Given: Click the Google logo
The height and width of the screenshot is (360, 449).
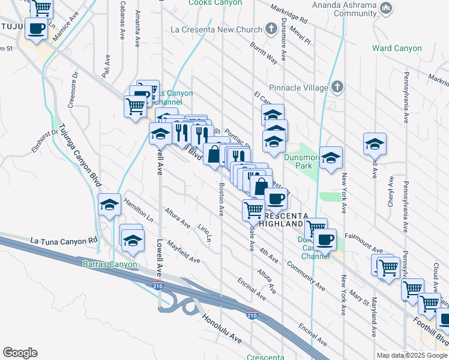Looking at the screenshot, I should (x=20, y=353).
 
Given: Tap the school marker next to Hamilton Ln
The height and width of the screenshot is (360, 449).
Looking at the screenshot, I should (x=110, y=205).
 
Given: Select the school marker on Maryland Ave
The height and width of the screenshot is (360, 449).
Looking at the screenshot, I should (x=375, y=144).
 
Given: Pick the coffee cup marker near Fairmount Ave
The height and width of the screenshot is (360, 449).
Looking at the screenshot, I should (x=325, y=240).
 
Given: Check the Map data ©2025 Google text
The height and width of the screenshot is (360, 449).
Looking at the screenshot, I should (x=411, y=355).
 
